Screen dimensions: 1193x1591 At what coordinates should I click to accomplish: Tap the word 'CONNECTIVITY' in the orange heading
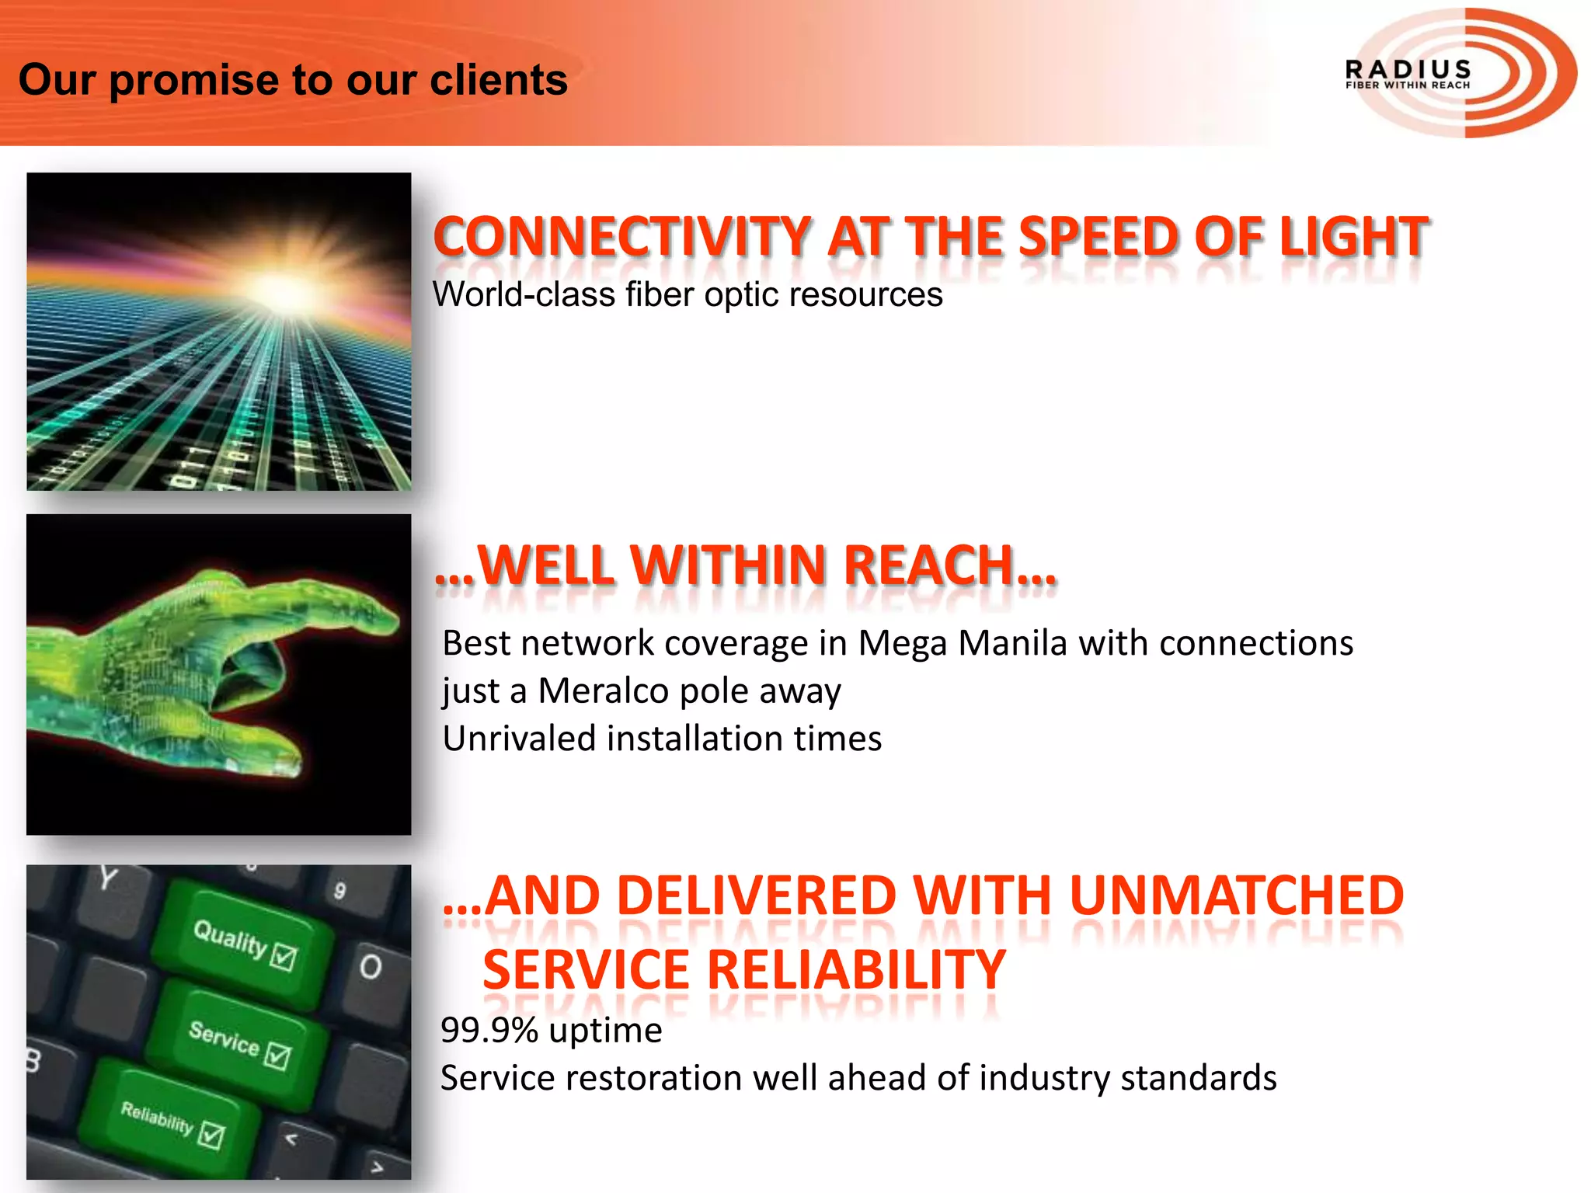pyautogui.click(x=622, y=237)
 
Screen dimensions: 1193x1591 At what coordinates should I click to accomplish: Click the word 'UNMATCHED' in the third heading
pyautogui.click(x=1236, y=896)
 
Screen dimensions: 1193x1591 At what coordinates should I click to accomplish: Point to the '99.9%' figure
pyautogui.click(x=489, y=1031)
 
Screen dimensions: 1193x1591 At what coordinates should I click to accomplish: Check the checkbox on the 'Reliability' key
pyautogui.click(x=211, y=1135)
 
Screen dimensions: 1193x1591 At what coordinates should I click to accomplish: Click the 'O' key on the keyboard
pyautogui.click(x=371, y=967)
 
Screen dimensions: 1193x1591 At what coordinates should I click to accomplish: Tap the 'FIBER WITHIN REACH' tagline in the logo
pyautogui.click(x=1407, y=85)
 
